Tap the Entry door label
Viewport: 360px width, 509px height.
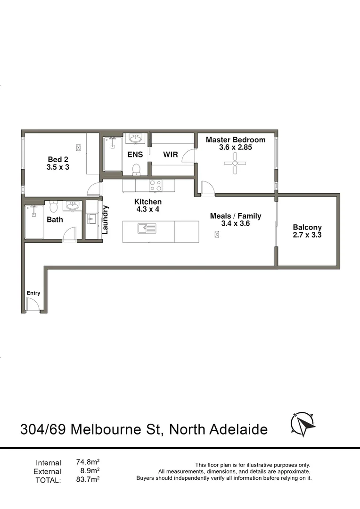pos(33,293)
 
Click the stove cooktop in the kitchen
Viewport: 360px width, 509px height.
pos(155,186)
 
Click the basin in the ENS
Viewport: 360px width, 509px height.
pos(135,139)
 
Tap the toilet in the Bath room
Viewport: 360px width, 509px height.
pos(53,207)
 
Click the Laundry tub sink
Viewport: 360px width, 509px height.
pos(91,219)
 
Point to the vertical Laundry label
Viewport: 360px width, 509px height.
pos(106,220)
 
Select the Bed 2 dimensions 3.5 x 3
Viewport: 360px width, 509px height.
pos(58,166)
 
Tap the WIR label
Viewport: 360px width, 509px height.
pos(170,154)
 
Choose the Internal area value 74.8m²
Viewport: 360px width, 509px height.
pos(88,462)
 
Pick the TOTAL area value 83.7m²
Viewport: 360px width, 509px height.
pos(88,479)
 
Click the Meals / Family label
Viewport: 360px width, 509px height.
pos(235,216)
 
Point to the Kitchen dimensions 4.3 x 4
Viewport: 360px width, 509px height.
pos(147,209)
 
